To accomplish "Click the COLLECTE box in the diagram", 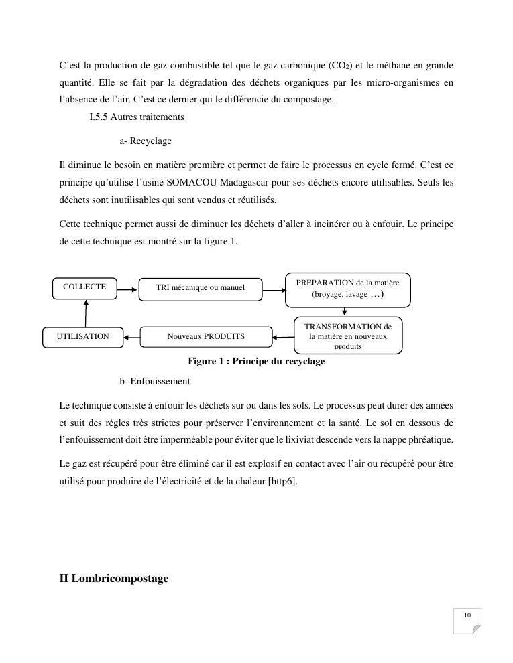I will pos(84,287).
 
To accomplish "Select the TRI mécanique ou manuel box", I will pos(200,288).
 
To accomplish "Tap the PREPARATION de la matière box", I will pos(347,289).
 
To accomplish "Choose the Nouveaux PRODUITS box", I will pos(206,336).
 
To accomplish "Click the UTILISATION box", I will pos(83,336).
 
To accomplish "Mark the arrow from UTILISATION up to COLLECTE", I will pos(86,312).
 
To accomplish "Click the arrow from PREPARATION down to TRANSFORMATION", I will pos(345,311).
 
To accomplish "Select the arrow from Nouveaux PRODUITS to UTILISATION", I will pos(132,336).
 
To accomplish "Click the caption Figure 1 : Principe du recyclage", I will pos(256,362).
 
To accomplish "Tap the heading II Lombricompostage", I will pos(113,579).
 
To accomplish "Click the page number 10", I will pos(467,616).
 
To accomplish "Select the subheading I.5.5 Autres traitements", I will pos(136,117).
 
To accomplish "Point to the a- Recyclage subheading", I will pos(146,141).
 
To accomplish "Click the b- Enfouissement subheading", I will pos(155,381).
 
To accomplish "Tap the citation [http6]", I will pos(282,480).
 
